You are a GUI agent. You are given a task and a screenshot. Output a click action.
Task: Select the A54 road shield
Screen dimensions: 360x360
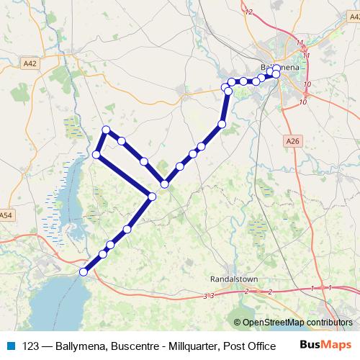pyautogui.click(x=6, y=215)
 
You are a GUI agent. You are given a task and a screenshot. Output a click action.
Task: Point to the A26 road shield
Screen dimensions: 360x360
pyautogui.click(x=292, y=141)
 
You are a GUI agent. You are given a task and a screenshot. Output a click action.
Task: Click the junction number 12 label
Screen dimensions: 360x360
pyautogui.click(x=250, y=12)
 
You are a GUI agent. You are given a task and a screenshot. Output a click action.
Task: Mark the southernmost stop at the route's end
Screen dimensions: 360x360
pyautogui.click(x=84, y=271)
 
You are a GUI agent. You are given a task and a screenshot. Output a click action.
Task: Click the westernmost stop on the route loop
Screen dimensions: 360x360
pyautogui.click(x=96, y=154)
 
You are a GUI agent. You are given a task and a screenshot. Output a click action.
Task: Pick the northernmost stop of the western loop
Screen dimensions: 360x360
pyautogui.click(x=106, y=130)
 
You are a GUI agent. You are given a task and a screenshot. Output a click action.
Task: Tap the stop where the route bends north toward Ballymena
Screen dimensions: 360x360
pyautogui.click(x=222, y=125)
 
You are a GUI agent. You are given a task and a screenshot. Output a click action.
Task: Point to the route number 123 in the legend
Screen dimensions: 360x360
pyautogui.click(x=31, y=344)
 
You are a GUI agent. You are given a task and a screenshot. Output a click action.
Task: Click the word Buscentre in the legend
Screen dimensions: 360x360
pyautogui.click(x=135, y=344)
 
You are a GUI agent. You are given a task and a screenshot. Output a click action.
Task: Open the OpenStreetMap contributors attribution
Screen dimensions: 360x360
pyautogui.click(x=297, y=323)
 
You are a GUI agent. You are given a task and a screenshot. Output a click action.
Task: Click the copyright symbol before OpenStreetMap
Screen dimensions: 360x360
pyautogui.click(x=238, y=323)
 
